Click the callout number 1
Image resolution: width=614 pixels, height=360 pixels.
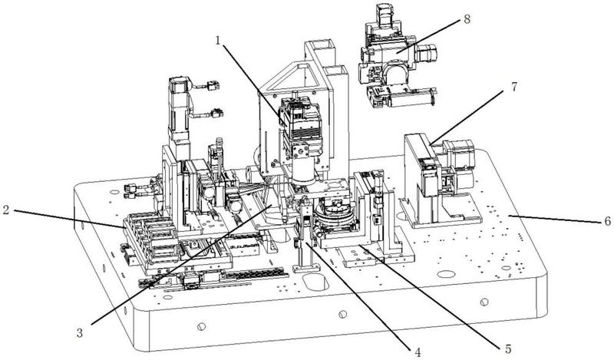(219, 41)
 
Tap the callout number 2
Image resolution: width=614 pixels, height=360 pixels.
(5, 210)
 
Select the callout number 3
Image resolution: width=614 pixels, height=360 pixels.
(80, 332)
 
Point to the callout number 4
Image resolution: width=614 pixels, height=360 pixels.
(418, 352)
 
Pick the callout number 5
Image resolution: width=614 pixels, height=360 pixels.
(508, 348)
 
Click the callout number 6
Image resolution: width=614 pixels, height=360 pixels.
(607, 221)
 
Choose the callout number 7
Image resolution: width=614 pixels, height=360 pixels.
(514, 86)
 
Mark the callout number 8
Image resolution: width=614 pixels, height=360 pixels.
(467, 19)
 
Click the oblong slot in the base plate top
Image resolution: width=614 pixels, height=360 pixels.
(315, 282)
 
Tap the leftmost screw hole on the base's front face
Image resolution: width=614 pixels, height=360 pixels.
(201, 326)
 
